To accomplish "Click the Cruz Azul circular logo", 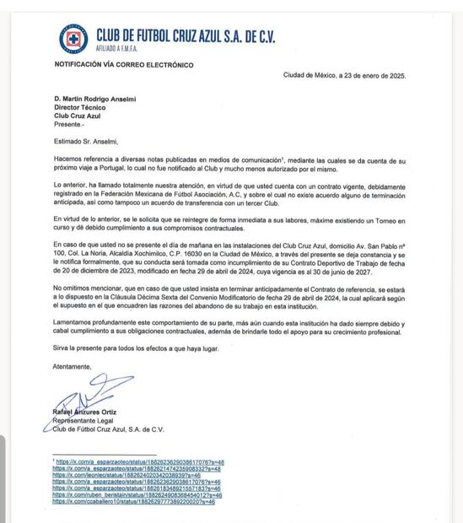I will (x=73, y=39).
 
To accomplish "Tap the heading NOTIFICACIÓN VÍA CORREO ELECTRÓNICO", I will (x=117, y=65).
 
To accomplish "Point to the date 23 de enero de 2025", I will (x=372, y=75).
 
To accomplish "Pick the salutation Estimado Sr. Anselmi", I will (x=85, y=142).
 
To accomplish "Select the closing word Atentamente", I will (x=73, y=366).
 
